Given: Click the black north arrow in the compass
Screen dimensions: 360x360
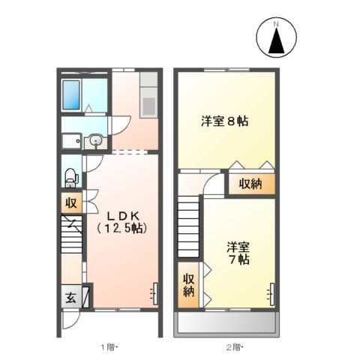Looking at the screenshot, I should click(x=275, y=42).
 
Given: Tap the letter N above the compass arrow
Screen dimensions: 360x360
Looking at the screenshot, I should click(x=275, y=24).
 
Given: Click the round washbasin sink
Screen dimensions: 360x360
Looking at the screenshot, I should click(x=96, y=140).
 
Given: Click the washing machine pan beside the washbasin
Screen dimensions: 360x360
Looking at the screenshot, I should click(x=72, y=140).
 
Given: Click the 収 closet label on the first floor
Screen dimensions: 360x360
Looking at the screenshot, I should click(x=70, y=203).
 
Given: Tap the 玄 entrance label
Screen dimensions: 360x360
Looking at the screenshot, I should click(x=70, y=295).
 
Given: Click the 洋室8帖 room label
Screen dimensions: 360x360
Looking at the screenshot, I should click(x=224, y=119).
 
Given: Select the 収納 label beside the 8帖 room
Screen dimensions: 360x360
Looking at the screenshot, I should click(x=250, y=184).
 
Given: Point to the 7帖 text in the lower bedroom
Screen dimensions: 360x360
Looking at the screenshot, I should click(x=240, y=259).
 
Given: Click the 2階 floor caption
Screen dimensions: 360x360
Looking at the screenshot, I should click(x=232, y=346).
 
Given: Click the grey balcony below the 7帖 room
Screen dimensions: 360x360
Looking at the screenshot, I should click(x=226, y=322).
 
